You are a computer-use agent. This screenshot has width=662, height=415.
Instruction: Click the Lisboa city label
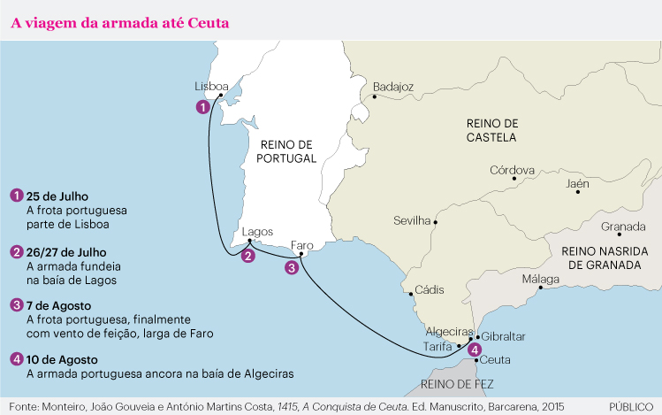[211, 86]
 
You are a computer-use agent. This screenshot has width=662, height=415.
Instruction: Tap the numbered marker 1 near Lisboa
[203, 107]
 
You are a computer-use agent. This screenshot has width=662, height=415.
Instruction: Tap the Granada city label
[622, 227]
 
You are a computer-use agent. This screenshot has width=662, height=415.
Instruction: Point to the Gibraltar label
[505, 337]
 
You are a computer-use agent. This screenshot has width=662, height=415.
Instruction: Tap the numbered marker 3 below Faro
[291, 267]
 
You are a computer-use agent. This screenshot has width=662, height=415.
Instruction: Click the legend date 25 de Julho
[58, 196]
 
